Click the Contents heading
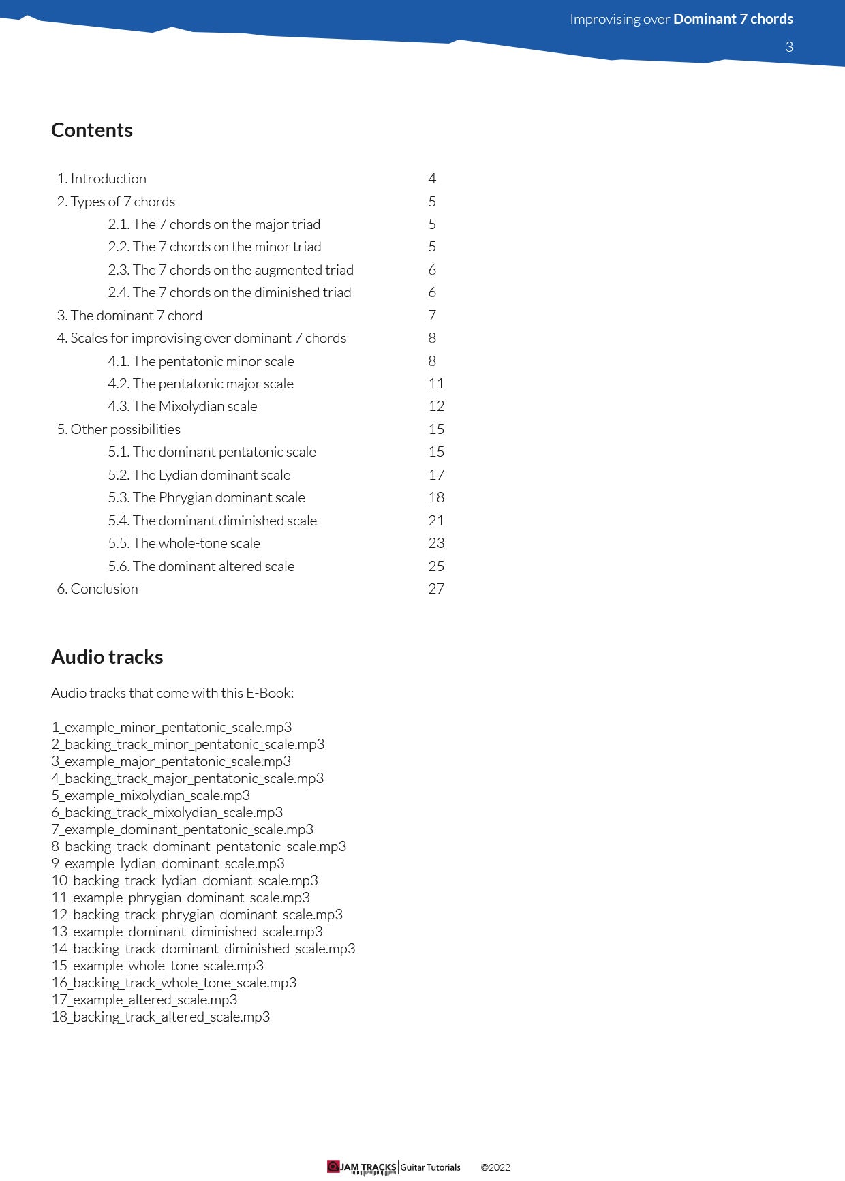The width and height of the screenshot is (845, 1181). tap(92, 130)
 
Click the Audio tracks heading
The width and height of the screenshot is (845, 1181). tap(107, 657)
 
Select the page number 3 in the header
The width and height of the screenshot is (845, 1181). tap(789, 47)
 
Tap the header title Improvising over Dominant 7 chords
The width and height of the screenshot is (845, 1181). tap(681, 19)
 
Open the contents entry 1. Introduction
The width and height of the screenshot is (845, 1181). tap(102, 179)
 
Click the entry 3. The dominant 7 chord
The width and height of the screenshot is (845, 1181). tap(129, 316)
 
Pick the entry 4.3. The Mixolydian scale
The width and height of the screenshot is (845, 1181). tap(182, 406)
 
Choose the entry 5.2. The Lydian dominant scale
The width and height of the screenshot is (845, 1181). tap(199, 475)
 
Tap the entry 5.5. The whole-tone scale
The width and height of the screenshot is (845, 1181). tap(184, 543)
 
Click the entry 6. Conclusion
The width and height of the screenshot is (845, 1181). tap(97, 589)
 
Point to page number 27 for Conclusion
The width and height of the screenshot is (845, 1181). tap(436, 589)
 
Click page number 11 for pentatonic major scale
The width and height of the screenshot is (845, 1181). tap(436, 384)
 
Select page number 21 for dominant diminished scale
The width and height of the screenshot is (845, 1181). tap(436, 521)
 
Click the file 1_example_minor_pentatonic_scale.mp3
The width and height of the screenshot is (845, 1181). tap(171, 727)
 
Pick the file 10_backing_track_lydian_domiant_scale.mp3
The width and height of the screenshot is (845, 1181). tap(185, 880)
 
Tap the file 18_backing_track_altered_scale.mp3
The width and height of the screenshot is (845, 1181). tap(161, 1017)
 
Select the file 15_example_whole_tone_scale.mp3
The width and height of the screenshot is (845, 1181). tap(157, 966)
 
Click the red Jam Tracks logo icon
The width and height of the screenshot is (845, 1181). tap(333, 1167)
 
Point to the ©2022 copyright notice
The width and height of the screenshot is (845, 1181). tap(495, 1167)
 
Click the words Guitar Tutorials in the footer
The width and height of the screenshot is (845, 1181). tap(430, 1167)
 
